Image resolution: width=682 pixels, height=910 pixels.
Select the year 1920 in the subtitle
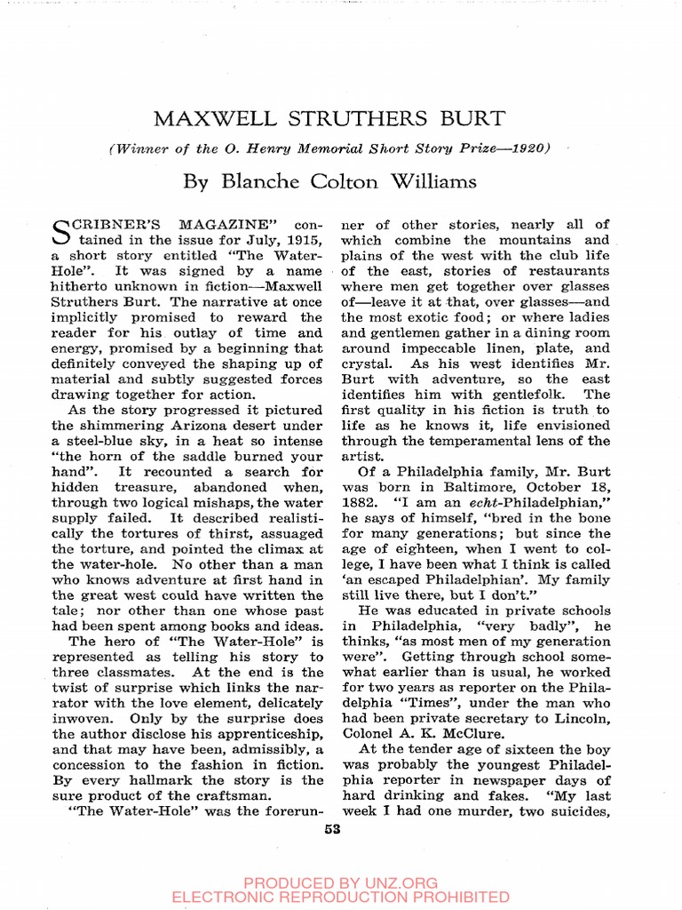(528, 148)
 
